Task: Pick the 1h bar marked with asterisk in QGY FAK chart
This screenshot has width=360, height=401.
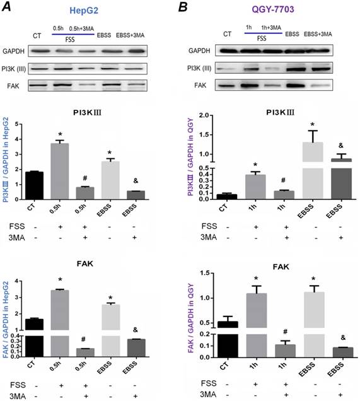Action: [255, 322]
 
